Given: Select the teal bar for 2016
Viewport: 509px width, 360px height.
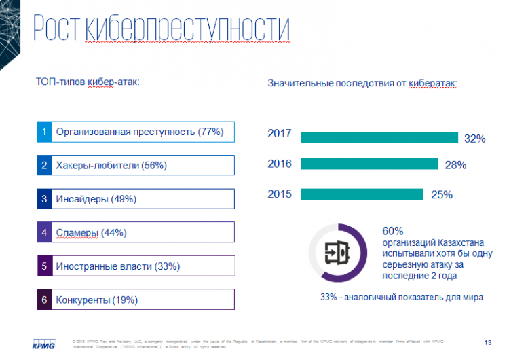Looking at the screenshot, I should tap(369, 164).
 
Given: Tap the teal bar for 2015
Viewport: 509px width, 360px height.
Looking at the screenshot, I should tap(362, 194).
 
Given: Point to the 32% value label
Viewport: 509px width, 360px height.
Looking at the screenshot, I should tap(474, 139).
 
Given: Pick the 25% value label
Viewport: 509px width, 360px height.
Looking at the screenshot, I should tap(441, 195).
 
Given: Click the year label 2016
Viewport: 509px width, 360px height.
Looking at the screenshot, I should tap(280, 164).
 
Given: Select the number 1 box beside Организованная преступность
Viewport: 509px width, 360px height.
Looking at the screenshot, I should tap(44, 132).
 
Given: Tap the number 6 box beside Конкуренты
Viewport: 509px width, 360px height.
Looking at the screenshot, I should tap(44, 300).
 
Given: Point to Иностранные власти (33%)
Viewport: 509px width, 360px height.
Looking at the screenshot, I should tap(118, 266).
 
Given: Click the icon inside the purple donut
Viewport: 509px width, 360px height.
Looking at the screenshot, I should tap(337, 252).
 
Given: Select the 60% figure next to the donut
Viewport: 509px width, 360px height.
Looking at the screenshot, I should tap(393, 230).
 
